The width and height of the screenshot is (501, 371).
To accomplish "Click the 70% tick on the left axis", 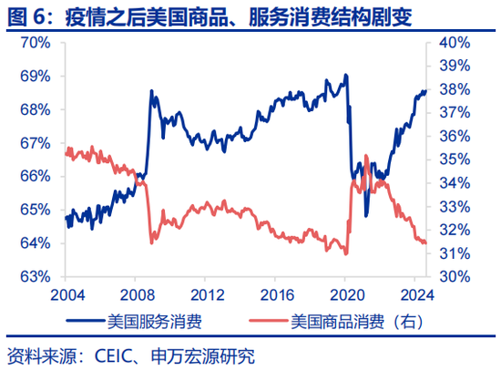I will (35, 43).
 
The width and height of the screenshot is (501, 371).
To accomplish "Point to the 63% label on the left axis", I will (35, 276).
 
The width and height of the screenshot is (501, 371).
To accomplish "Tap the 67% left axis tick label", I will (35, 143).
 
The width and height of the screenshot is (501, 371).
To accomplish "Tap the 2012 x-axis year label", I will (207, 294).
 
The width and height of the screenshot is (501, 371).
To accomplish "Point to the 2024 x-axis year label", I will (415, 294).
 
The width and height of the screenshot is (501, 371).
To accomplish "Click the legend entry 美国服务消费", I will (155, 321).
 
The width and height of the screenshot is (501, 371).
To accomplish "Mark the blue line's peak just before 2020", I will (345, 76).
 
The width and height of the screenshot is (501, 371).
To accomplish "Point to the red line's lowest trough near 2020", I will (346, 253).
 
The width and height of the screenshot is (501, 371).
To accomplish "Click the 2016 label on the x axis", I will (276, 294).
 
